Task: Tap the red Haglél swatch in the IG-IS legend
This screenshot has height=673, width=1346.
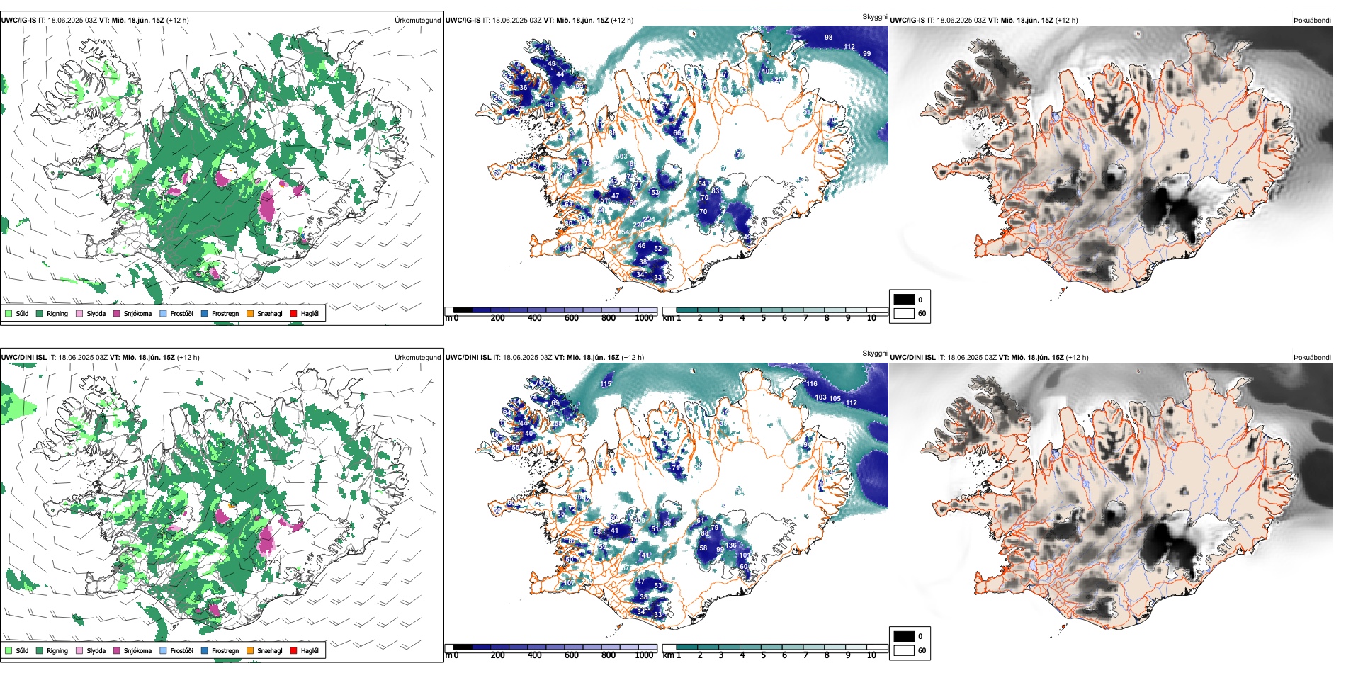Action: [294, 313]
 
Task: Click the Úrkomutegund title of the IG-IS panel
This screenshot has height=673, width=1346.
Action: [417, 21]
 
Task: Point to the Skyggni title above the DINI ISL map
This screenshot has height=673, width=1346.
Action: [874, 353]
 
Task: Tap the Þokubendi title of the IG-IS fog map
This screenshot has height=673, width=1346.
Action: [1312, 21]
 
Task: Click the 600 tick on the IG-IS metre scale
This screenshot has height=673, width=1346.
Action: [571, 318]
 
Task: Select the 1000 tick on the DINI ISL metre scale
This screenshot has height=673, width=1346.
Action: [644, 655]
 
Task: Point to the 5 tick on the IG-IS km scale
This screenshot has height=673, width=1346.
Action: [763, 318]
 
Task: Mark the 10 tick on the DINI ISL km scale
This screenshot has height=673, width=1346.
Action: [871, 655]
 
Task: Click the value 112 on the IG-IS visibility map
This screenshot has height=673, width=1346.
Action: [849, 47]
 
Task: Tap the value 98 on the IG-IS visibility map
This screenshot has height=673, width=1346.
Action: [828, 37]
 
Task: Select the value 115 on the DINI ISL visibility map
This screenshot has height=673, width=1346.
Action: [606, 384]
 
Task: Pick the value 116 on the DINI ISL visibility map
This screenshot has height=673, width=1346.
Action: [812, 384]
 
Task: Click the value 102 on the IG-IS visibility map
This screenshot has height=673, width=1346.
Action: [768, 72]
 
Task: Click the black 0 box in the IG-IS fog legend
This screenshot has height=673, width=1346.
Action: [904, 300]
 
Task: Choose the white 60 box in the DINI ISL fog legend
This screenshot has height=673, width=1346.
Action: [904, 650]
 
